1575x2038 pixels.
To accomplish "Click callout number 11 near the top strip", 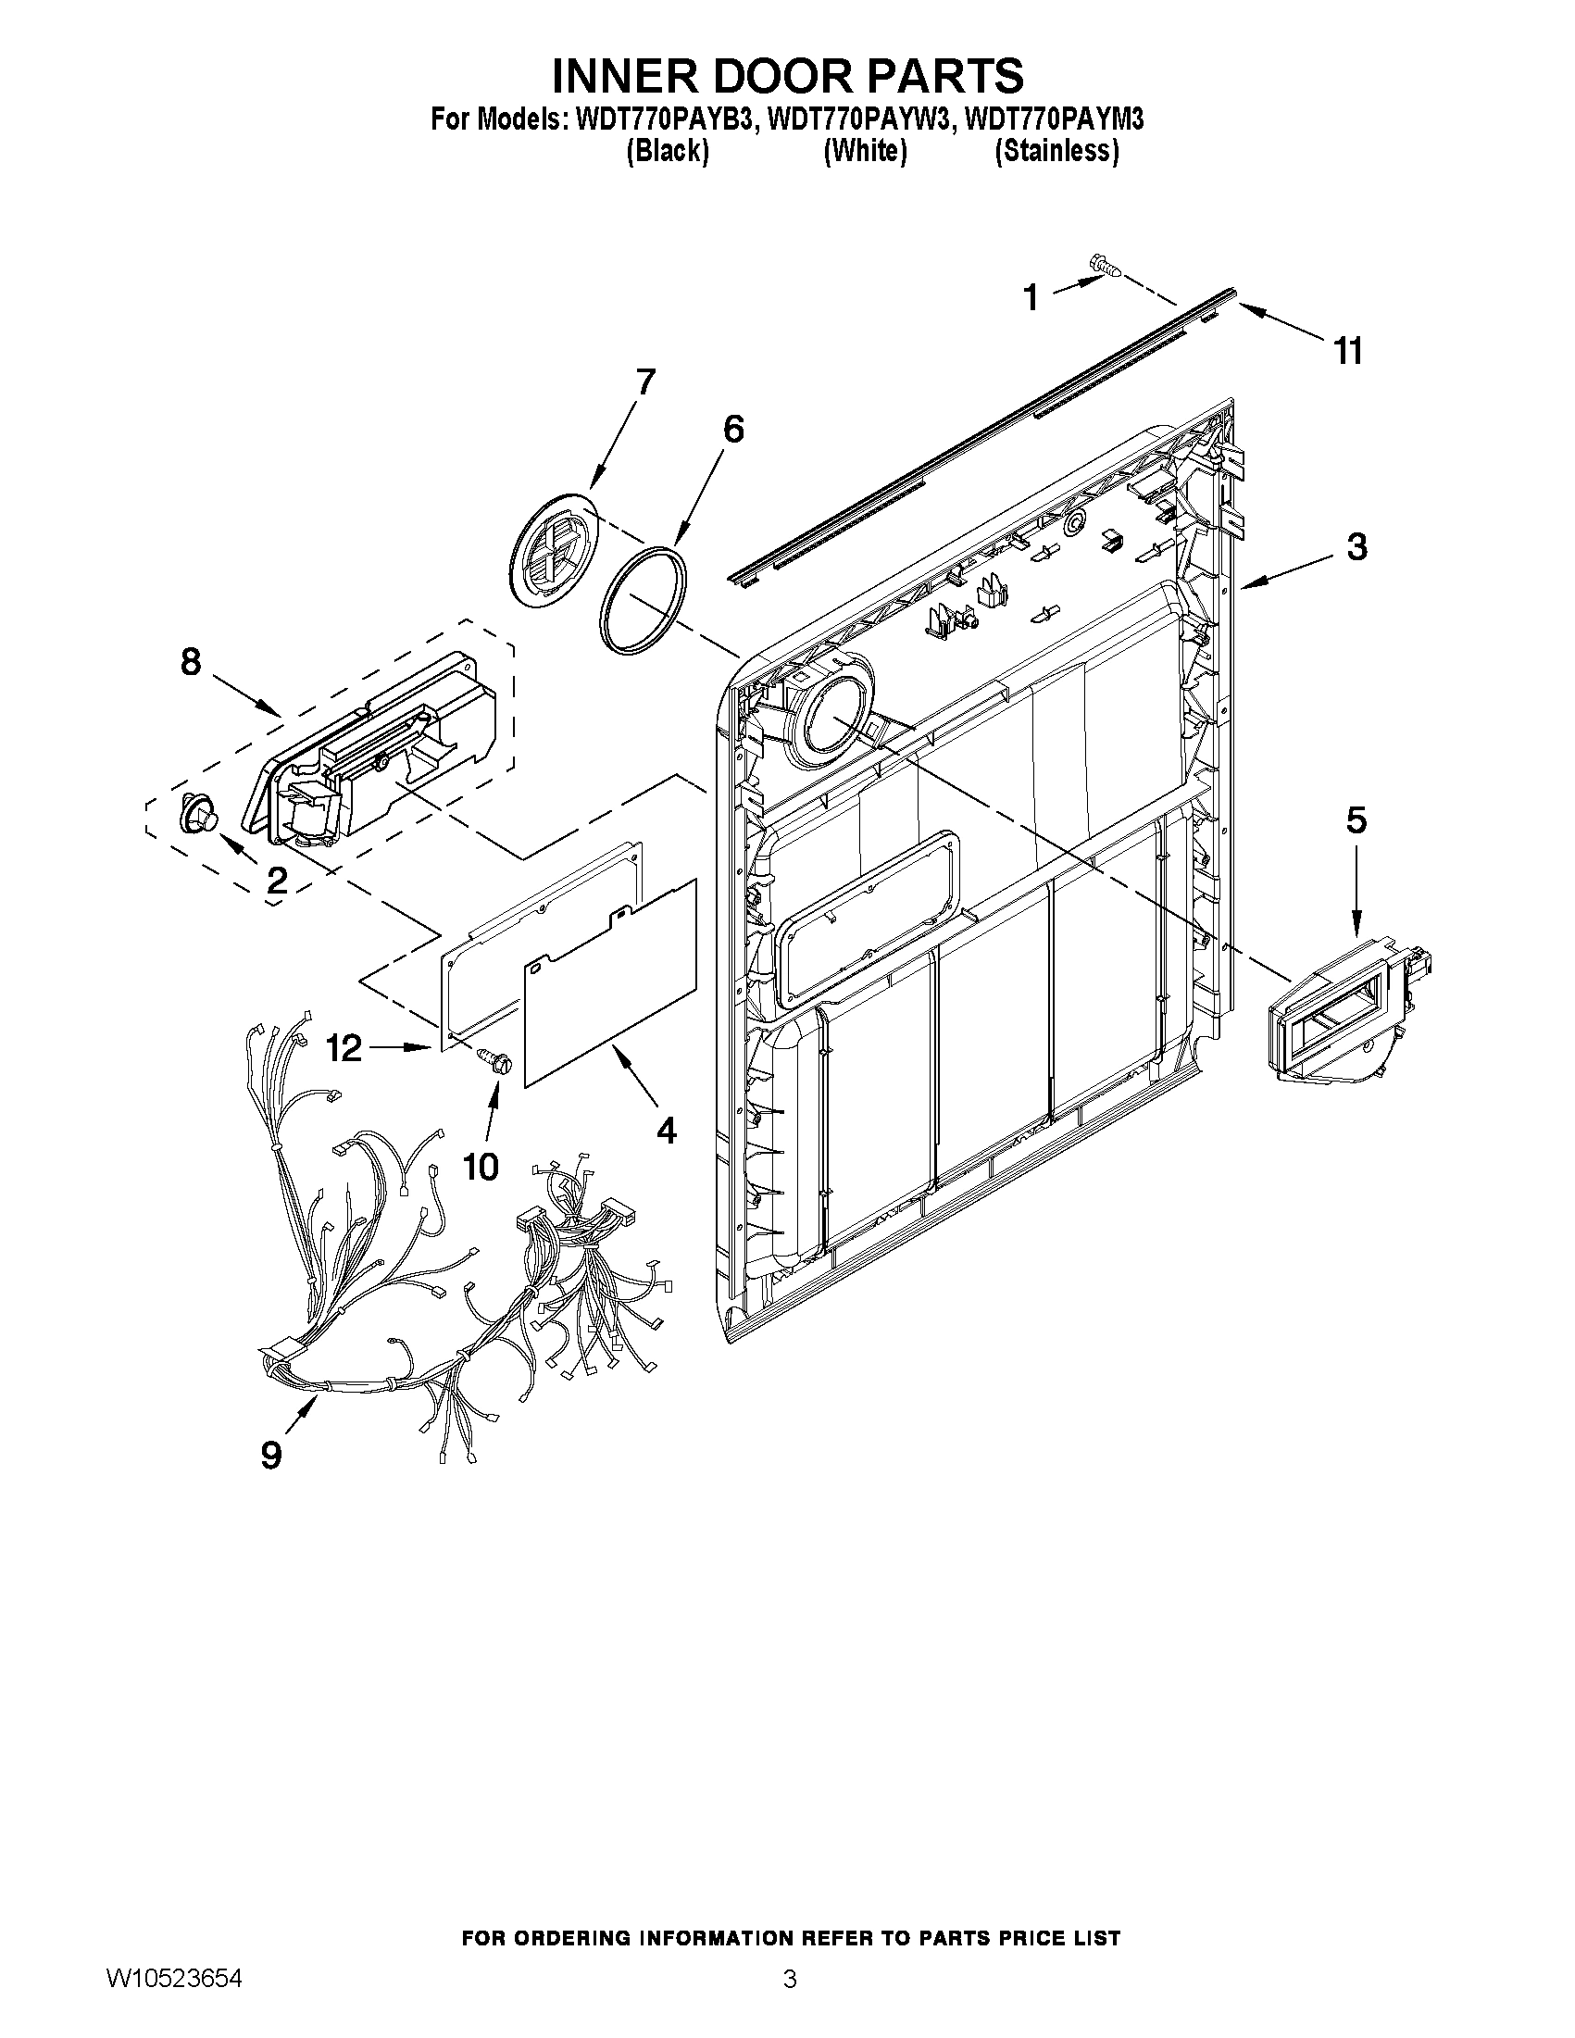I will pyautogui.click(x=1348, y=352).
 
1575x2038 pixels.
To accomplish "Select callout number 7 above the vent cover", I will pyautogui.click(x=644, y=382).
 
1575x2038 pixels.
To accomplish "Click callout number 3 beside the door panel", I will pyautogui.click(x=1356, y=547).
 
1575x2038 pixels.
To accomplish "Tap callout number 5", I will pyautogui.click(x=1356, y=820).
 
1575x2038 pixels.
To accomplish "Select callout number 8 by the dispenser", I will pyautogui.click(x=191, y=662).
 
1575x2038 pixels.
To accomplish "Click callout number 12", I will pyautogui.click(x=344, y=1049).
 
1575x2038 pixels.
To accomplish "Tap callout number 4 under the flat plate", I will pyautogui.click(x=665, y=1130).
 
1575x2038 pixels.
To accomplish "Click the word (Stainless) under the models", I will pyautogui.click(x=1056, y=151).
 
